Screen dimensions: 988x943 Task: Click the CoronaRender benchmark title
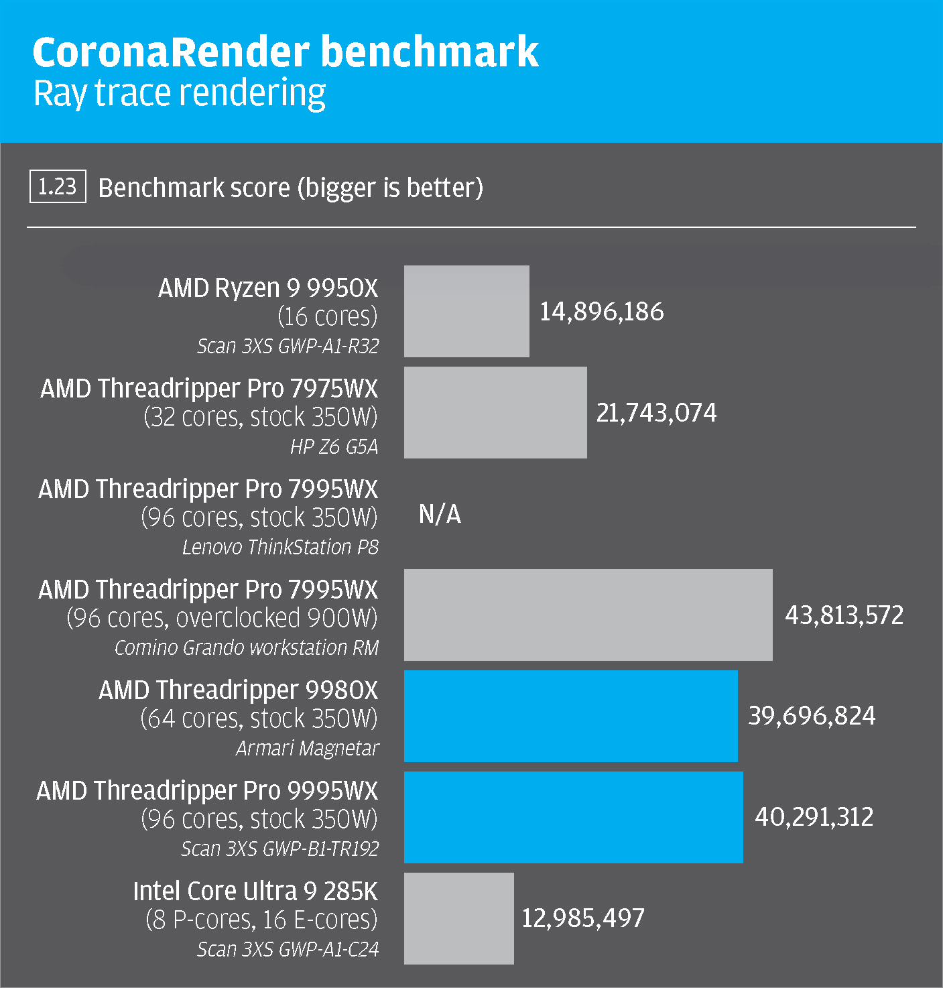pyautogui.click(x=285, y=52)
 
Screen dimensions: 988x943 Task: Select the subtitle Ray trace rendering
pyautogui.click(x=180, y=93)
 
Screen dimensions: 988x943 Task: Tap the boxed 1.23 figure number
pyautogui.click(x=58, y=186)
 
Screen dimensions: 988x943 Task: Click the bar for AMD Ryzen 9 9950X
pyautogui.click(x=466, y=311)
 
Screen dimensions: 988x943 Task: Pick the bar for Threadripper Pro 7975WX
pyautogui.click(x=495, y=412)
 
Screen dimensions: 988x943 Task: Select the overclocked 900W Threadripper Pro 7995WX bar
pyautogui.click(x=588, y=615)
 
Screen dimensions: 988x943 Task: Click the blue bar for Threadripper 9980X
pyautogui.click(x=570, y=716)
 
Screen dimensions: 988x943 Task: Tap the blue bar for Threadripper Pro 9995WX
pyautogui.click(x=573, y=817)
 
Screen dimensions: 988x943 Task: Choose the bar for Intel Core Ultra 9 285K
pyautogui.click(x=458, y=918)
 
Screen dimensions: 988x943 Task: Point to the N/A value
pyautogui.click(x=440, y=514)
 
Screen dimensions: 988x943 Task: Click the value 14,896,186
pyautogui.click(x=602, y=312)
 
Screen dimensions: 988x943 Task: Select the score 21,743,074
pyautogui.click(x=656, y=413)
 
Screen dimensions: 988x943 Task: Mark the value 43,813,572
pyautogui.click(x=844, y=615)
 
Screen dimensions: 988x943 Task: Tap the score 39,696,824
pyautogui.click(x=812, y=716)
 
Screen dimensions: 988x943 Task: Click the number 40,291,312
pyautogui.click(x=814, y=817)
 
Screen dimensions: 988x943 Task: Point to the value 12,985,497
pyautogui.click(x=582, y=918)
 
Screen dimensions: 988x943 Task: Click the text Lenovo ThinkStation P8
pyautogui.click(x=280, y=548)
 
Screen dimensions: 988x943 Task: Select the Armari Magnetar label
pyautogui.click(x=307, y=748)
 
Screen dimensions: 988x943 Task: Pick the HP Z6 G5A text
pyautogui.click(x=334, y=446)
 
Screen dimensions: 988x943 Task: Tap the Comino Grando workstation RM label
pyautogui.click(x=246, y=648)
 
